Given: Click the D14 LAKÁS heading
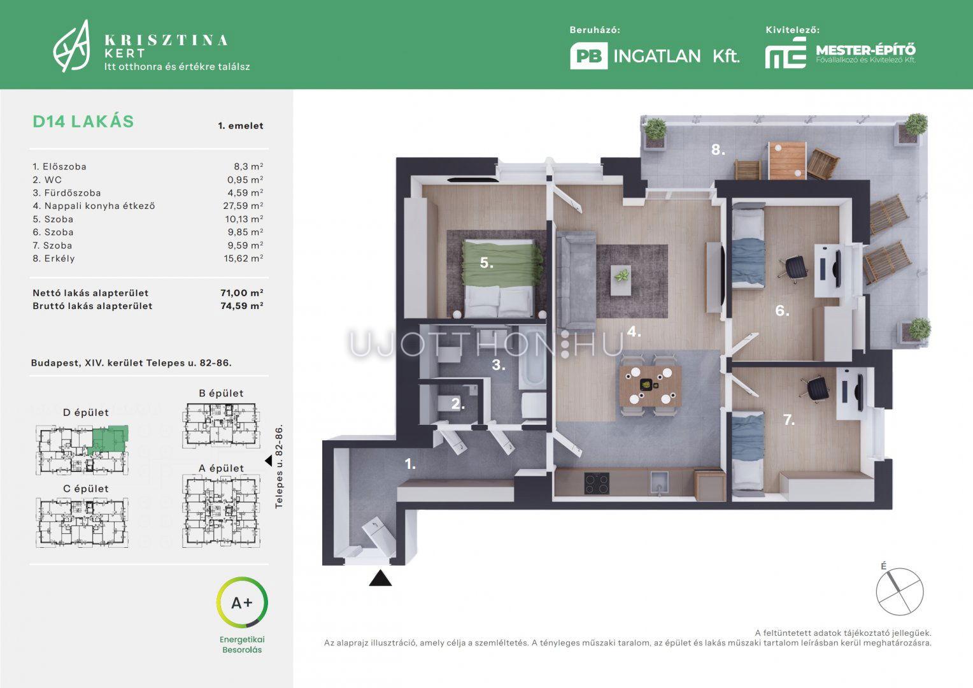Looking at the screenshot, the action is coord(83,121).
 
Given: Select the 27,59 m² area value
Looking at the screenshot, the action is coord(243,206).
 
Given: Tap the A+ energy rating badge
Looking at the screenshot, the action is coord(242,603).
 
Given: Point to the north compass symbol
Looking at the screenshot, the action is coord(899,591).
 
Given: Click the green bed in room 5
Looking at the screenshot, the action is coord(501,278).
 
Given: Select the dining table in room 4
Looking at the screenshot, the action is coord(650,385).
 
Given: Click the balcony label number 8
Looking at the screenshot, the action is coord(718,150).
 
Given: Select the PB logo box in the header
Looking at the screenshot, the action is coord(588,55).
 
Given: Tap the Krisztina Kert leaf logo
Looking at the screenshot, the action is coord(72,46).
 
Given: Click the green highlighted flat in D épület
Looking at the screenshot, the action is coord(108,440).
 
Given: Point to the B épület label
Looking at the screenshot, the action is coord(221,393).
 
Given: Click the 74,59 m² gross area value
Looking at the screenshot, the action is coord(242,306).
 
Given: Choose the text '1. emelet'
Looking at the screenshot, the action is coord(241,125).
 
